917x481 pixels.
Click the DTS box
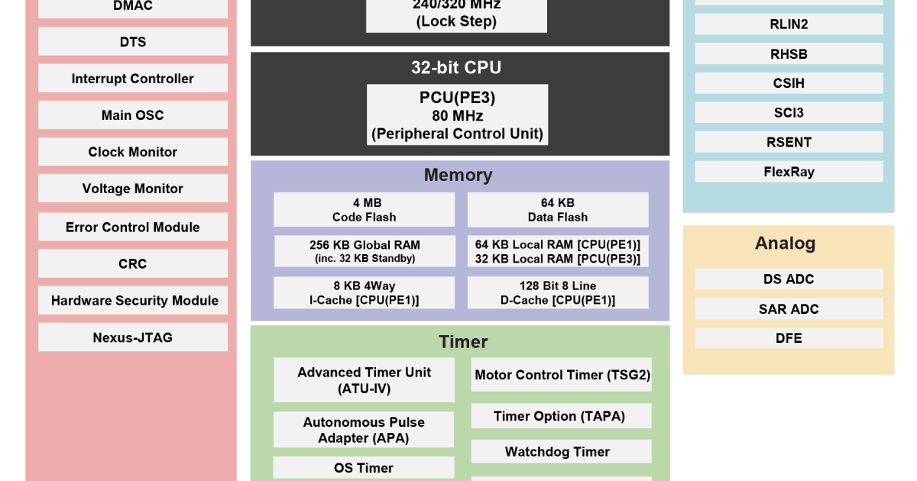coord(133,42)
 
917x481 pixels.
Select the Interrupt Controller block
coord(133,79)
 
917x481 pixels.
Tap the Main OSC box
coord(133,115)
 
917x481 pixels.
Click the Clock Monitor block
coord(133,152)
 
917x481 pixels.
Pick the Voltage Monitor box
coord(133,189)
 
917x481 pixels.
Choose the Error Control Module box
coord(133,227)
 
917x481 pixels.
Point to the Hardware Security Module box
coord(133,300)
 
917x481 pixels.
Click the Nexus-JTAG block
coord(133,337)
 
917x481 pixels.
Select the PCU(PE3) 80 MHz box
coord(457,115)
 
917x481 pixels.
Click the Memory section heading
coord(458,175)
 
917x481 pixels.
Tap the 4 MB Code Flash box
coord(364,209)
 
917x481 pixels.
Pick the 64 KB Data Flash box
coord(557,209)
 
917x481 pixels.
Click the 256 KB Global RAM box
coord(364,251)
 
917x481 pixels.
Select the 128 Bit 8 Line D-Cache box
coord(557,292)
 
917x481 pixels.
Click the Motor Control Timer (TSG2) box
coord(562,375)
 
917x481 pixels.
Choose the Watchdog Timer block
coord(562,451)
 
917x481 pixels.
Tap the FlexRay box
coord(789,172)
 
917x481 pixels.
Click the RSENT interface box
coord(789,142)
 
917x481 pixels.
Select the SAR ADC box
coord(789,308)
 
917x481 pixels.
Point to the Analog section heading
coord(786,243)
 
